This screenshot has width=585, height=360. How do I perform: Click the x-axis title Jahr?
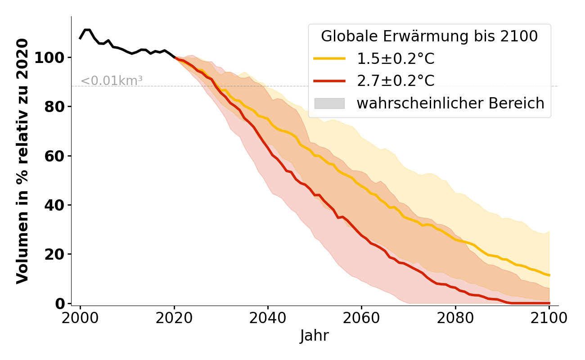click(315, 336)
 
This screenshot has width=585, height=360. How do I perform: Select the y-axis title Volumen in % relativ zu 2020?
click(22, 161)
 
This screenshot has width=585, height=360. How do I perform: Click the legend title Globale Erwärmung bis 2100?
click(429, 36)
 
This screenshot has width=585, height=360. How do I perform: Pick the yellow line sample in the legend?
click(329, 58)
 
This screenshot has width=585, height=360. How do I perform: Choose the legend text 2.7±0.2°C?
click(396, 81)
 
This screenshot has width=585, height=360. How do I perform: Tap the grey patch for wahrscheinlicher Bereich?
click(329, 103)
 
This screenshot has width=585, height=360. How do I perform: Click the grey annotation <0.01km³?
click(112, 81)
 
